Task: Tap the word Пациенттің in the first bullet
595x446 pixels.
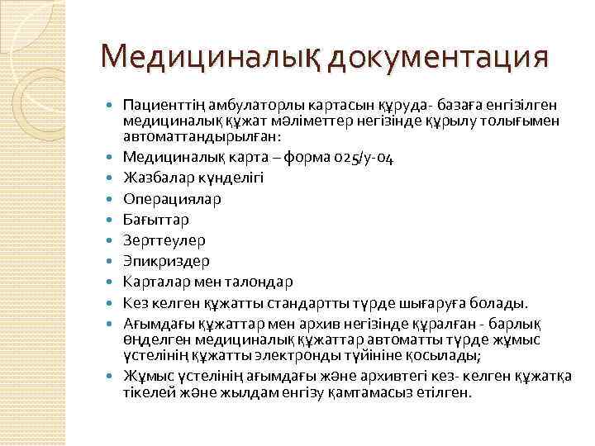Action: coord(159,105)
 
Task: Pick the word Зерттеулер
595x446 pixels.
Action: coord(163,240)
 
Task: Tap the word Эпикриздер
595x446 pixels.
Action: coord(165,261)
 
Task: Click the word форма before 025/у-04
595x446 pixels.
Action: coord(305,156)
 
